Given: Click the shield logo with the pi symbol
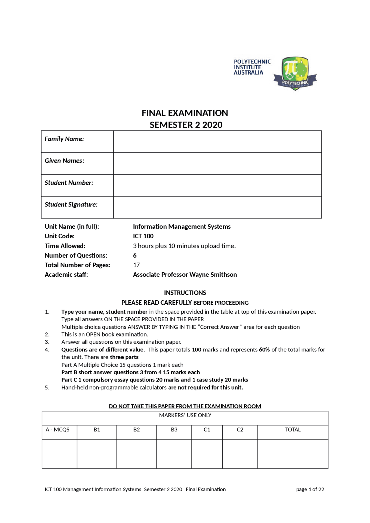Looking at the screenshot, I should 295,73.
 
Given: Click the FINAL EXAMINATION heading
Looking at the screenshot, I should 185,113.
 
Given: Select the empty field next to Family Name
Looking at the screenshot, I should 217,142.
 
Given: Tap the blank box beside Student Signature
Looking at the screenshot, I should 217,207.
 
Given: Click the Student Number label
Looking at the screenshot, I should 69,183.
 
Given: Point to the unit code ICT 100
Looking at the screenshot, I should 143,236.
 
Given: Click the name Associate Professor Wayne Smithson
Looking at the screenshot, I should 185,275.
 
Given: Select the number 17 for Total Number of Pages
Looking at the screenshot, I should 136,265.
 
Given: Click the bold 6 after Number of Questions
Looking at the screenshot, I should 135,256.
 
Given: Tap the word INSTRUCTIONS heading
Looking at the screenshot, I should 185,293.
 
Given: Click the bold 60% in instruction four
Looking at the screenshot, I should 264,350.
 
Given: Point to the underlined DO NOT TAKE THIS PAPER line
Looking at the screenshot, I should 185,406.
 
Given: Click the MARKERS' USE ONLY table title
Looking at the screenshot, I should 185,415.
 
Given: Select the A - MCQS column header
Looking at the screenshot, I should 58,430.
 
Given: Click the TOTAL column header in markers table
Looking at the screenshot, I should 293,430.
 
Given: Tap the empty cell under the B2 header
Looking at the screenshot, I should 136,453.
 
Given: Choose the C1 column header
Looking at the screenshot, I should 207,430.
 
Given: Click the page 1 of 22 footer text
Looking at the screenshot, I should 310,489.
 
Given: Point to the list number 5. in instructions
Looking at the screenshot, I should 47,388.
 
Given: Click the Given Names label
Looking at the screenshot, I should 64,161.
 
